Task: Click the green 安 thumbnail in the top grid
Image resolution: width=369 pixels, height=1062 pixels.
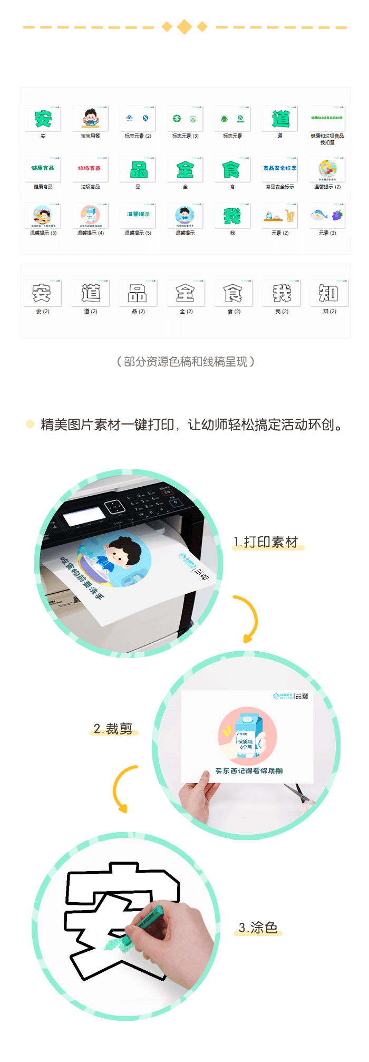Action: [43, 119]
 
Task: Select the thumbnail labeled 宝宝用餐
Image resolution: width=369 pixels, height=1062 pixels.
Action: [90, 119]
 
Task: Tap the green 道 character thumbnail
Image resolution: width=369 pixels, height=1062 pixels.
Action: [280, 119]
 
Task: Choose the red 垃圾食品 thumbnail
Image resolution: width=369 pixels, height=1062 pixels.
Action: [90, 169]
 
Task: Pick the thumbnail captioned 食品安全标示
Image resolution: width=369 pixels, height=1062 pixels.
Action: [280, 169]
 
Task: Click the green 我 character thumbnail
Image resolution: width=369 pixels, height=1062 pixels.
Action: [232, 216]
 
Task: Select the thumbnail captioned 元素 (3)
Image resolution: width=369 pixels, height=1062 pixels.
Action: [327, 216]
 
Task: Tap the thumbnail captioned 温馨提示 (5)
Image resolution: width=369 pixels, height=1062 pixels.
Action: [138, 216]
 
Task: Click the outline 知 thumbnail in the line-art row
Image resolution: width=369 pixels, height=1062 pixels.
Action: [329, 293]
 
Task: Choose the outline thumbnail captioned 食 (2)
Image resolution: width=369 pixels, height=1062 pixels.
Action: [234, 293]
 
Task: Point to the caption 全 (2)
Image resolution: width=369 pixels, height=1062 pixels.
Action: [186, 312]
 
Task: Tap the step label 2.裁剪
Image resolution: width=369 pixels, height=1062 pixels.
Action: [113, 729]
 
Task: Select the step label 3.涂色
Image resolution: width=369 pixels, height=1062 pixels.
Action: [258, 928]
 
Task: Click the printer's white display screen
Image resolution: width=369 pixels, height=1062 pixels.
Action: [84, 516]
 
